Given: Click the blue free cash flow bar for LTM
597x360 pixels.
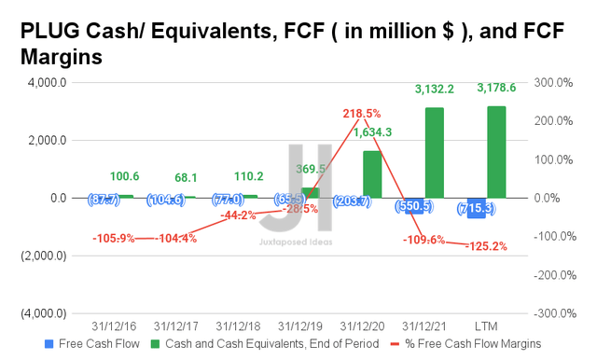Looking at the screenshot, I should click(x=477, y=208).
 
